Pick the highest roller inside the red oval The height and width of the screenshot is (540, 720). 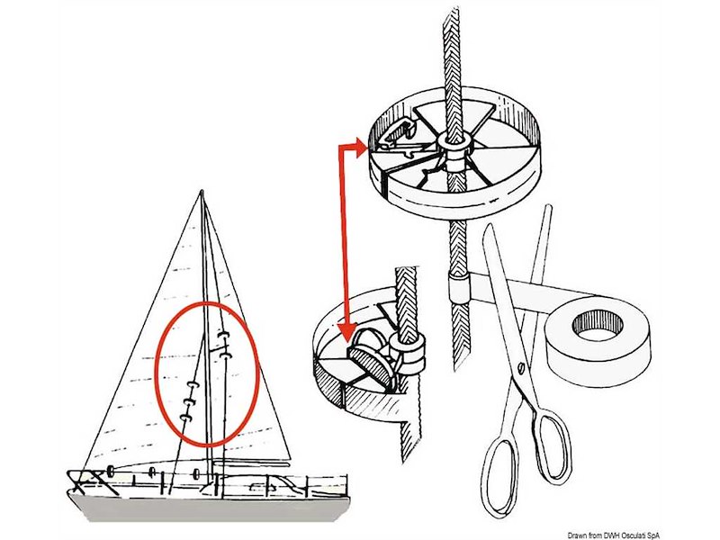pyautogui.click(x=224, y=335)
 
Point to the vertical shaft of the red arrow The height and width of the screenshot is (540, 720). pyautogui.click(x=340, y=234)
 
